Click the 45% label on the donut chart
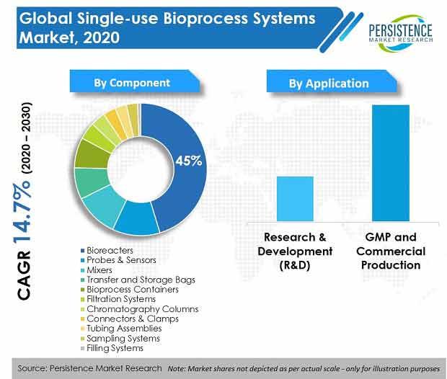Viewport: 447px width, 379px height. tap(188, 161)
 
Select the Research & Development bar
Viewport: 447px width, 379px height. tap(295, 199)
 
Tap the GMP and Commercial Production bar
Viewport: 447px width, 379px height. tap(391, 163)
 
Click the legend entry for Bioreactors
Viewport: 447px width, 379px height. tap(107, 251)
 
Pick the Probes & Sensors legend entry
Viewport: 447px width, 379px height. tap(118, 260)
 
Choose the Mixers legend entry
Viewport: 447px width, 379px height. tap(97, 270)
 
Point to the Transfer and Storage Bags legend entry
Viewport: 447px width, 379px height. tap(138, 280)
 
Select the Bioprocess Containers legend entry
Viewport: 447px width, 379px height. tap(130, 290)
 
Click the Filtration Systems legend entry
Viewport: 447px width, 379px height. tap(118, 299)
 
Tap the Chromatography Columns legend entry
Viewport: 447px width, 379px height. tap(140, 309)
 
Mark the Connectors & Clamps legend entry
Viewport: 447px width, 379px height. tap(130, 318)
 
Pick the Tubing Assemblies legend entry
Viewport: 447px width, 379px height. tap(121, 329)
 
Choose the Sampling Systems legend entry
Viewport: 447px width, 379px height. tap(120, 338)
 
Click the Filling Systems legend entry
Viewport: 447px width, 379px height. tap(112, 348)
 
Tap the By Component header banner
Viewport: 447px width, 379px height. tap(135, 81)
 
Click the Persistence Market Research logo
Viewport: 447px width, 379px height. tap(401, 33)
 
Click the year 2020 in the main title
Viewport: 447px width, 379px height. tap(101, 38)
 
